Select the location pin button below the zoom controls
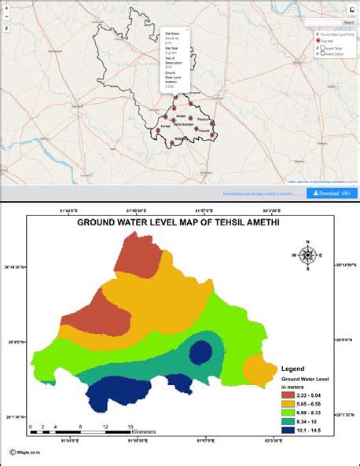(x=6, y=28)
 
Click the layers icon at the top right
(x=351, y=9)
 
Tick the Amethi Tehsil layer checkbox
(x=320, y=48)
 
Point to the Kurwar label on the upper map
(x=164, y=125)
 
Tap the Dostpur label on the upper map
(x=202, y=129)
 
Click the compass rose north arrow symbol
(x=307, y=255)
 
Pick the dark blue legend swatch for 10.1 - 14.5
(x=289, y=430)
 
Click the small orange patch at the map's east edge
(x=257, y=369)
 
